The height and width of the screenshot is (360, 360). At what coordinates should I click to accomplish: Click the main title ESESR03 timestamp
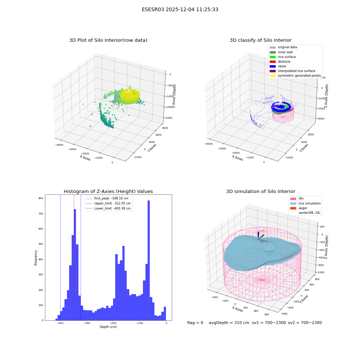(180, 10)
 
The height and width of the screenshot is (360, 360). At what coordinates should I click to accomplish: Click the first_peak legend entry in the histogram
(107, 198)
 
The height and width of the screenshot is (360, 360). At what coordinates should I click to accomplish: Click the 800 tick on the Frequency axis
(41, 198)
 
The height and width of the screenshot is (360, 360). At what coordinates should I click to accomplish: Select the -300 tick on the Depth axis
(87, 323)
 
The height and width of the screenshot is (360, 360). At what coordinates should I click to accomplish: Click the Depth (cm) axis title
(108, 327)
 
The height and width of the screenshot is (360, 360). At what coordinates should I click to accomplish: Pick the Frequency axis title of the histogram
(36, 258)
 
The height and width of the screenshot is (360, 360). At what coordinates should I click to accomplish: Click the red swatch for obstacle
(273, 62)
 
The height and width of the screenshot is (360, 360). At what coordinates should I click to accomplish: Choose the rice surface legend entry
(283, 57)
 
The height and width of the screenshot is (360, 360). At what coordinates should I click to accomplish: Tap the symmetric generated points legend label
(300, 76)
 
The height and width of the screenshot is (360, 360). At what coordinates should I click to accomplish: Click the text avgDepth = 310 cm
(229, 323)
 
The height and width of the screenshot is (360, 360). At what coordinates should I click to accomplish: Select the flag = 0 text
(195, 323)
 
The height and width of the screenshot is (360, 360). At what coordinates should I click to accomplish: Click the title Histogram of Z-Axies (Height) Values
(108, 192)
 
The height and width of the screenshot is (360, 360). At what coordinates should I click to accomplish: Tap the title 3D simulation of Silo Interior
(261, 192)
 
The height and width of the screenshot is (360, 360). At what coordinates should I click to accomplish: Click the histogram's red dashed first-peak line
(74, 258)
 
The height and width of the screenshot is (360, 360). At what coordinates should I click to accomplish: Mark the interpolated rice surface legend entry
(292, 71)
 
